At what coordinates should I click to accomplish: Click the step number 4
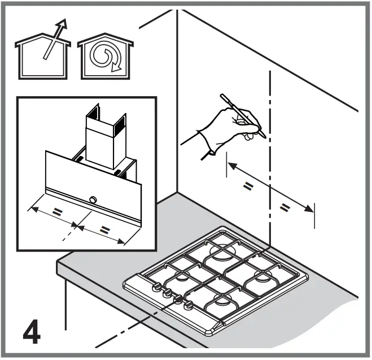(31, 333)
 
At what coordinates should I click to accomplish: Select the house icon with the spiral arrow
(106, 58)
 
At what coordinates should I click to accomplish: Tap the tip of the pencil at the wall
(266, 135)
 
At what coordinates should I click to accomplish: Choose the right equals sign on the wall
(285, 209)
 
